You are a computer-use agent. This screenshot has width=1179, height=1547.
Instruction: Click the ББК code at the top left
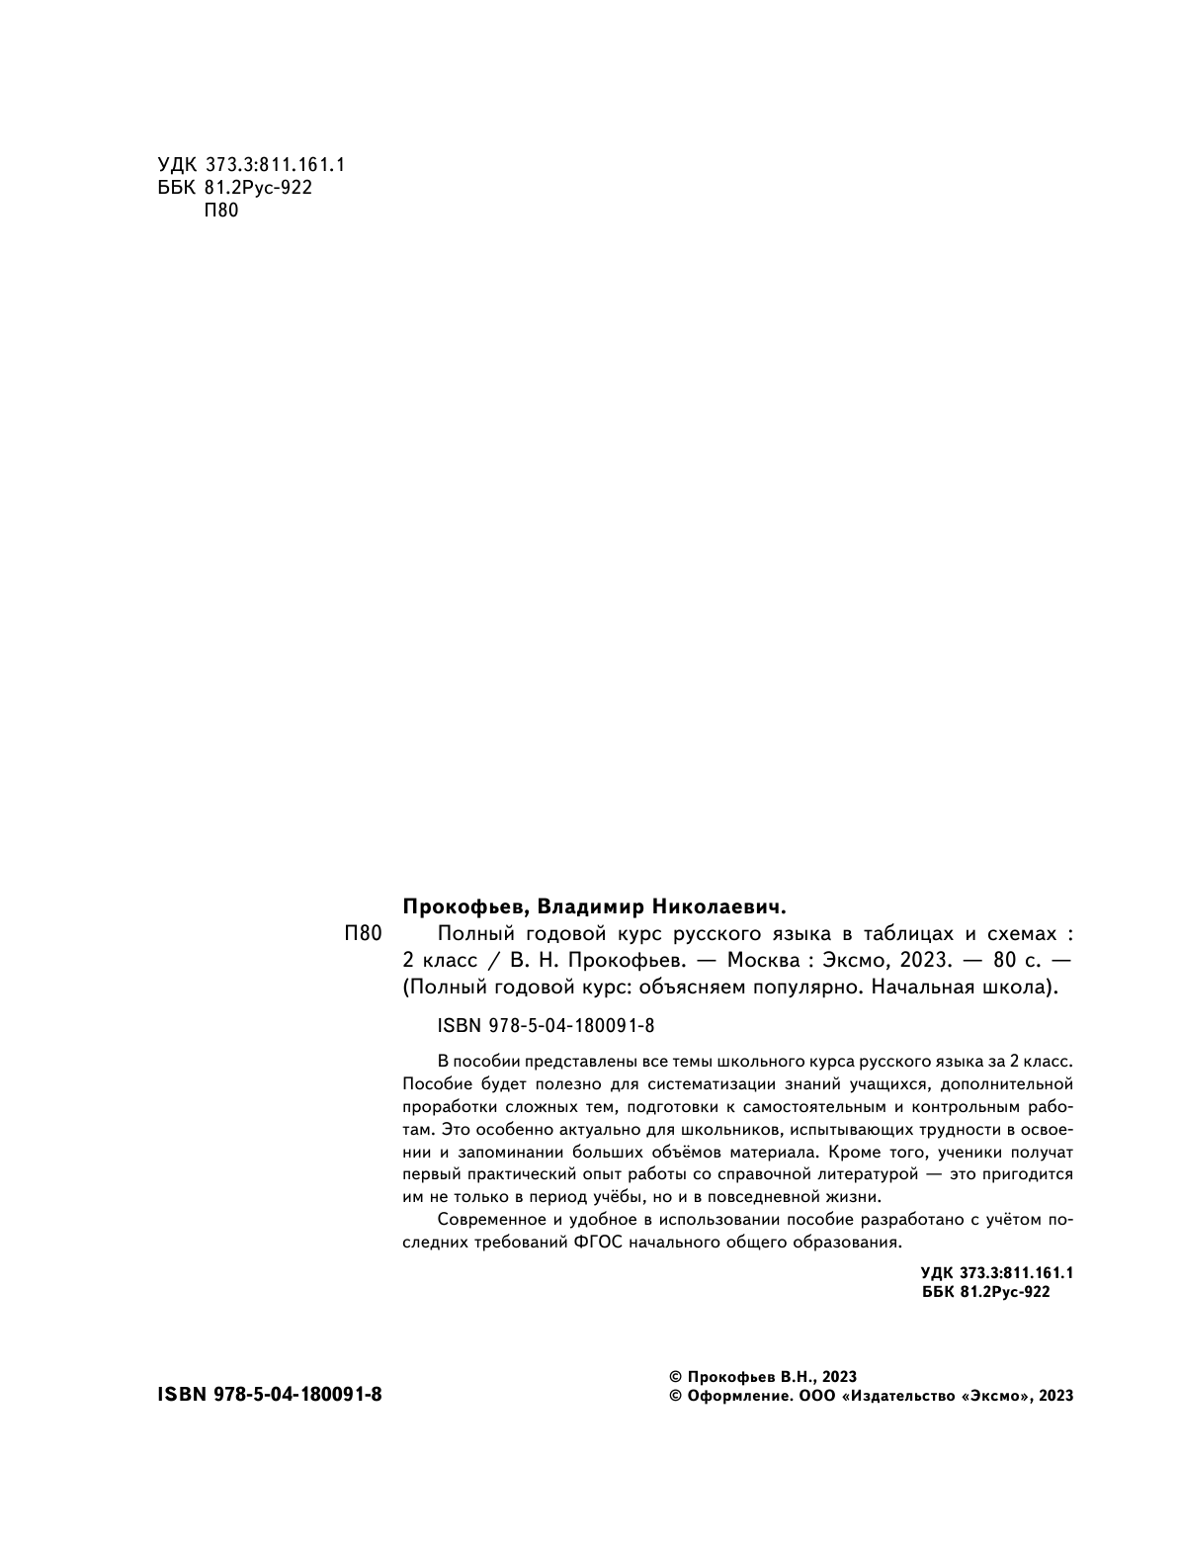[235, 187]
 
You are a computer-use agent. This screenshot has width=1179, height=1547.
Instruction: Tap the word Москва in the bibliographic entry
[763, 960]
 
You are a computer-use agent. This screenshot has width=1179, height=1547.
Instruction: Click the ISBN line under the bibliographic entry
[545, 1026]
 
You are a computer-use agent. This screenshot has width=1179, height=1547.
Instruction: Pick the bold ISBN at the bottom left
[269, 1395]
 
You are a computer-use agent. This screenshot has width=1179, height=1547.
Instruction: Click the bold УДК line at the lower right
[996, 1273]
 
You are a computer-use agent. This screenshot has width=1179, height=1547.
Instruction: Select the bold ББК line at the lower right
[985, 1292]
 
